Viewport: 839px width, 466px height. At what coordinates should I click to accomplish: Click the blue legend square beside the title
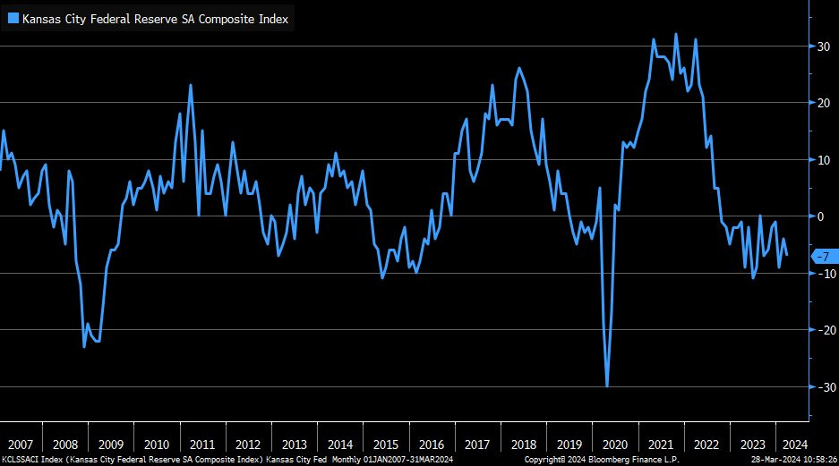coord(13,19)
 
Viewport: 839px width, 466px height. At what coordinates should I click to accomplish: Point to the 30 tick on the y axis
coord(819,47)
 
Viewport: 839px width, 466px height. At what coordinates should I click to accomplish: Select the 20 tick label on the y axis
coord(819,103)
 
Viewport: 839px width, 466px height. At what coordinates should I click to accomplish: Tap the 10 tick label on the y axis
coord(819,160)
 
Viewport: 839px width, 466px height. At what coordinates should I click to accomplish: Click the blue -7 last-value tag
coord(823,257)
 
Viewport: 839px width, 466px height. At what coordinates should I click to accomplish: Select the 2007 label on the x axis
coord(21,445)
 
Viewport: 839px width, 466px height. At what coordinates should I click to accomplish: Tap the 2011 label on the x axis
coord(201,445)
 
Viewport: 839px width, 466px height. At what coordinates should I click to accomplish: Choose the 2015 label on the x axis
coord(385,445)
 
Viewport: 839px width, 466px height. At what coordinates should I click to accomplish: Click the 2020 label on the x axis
coord(614,445)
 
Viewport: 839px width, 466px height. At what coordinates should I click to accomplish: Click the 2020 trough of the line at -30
coord(607,386)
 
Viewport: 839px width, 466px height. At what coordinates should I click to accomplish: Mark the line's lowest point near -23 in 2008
coord(84,346)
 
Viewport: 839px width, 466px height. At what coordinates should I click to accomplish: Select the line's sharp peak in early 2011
coord(191,85)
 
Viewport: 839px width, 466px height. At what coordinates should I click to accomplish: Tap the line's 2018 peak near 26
coord(519,68)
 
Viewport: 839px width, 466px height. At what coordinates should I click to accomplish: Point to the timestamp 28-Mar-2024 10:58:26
coord(789,460)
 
